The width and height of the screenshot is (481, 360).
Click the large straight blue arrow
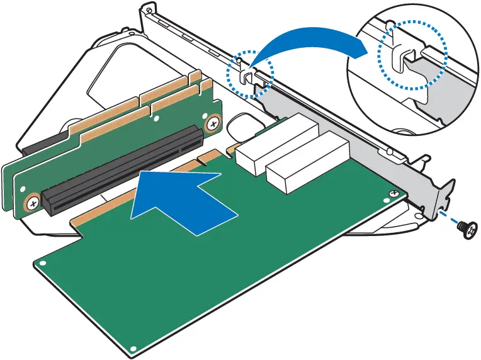pyautogui.click(x=183, y=198)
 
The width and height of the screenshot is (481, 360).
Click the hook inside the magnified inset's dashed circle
pyautogui.click(x=402, y=57)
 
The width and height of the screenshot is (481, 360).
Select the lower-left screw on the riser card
pyautogui.click(x=31, y=203)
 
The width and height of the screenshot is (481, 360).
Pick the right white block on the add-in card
pyautogui.click(x=308, y=166)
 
